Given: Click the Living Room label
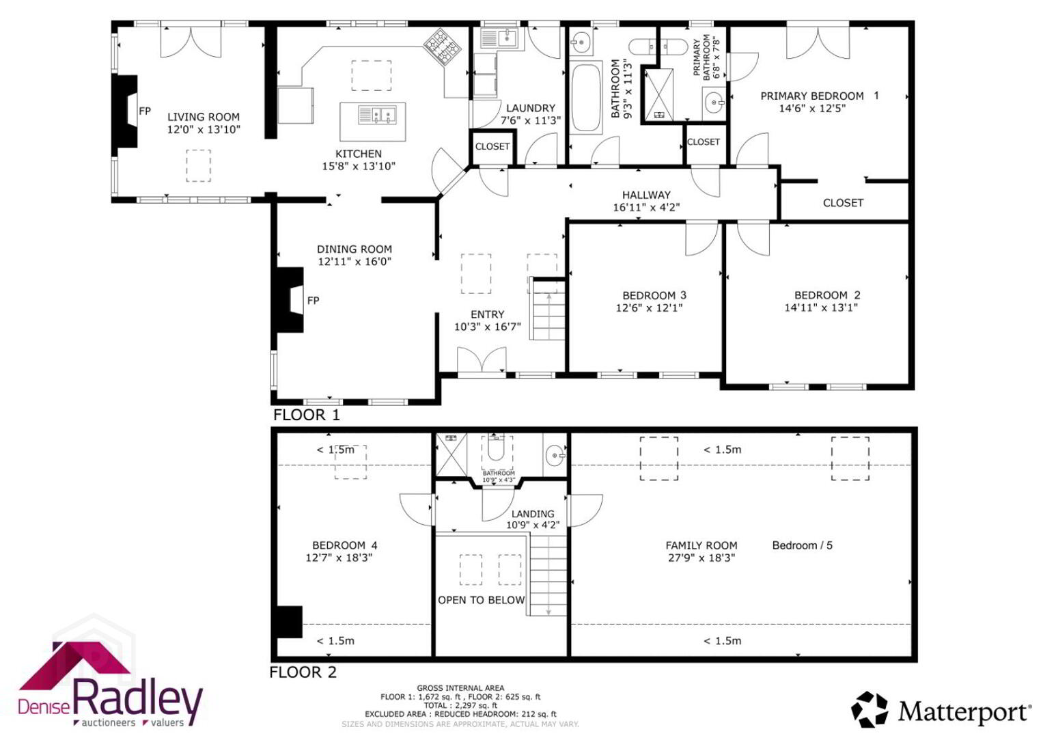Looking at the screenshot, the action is click(204, 117).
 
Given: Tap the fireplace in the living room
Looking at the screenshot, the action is click(125, 111).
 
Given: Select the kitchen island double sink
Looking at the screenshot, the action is click(378, 115).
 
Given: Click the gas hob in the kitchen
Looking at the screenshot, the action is click(443, 46).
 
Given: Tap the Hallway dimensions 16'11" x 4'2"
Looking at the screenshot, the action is click(646, 207).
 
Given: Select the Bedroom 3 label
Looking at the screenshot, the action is click(654, 295).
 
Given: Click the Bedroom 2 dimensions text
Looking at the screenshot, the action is click(821, 307).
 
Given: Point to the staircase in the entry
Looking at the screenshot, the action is click(548, 310).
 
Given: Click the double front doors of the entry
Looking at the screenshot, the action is click(482, 360).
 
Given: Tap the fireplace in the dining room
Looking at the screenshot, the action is click(290, 299).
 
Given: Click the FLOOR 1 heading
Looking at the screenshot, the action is click(307, 415).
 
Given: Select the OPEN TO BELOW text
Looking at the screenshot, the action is click(481, 600).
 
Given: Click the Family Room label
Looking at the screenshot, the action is click(701, 545).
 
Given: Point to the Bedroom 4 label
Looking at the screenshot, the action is click(344, 545).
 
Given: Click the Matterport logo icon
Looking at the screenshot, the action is click(870, 709).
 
